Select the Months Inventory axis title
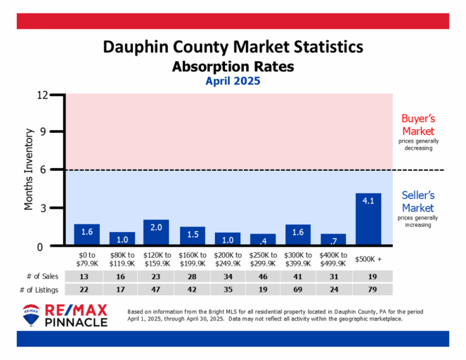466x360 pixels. pos(30,169)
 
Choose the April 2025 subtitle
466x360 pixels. pos(233,81)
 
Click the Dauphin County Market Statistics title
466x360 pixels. pos(233,48)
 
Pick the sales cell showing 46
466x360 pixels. pos(262,276)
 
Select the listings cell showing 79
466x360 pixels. pos(368,289)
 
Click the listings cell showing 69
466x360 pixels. pos(297,289)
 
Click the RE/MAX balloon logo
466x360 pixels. pos(31,315)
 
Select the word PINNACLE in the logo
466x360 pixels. pos(76,322)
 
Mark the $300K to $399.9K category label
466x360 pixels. pos(297,258)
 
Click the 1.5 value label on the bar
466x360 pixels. pos(191,233)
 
